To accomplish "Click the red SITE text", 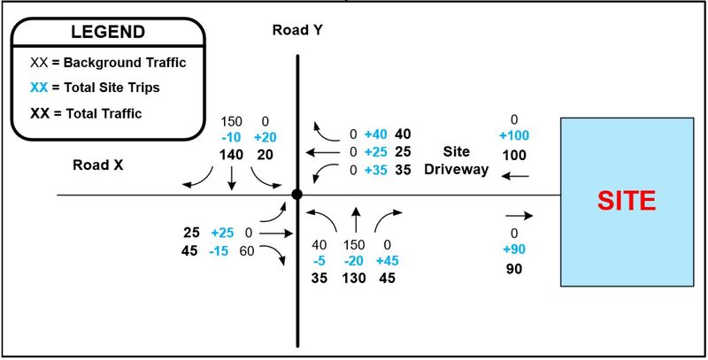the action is (x=627, y=201).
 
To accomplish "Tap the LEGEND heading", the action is (x=108, y=32).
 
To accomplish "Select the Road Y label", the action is (x=297, y=31).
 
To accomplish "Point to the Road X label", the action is (x=98, y=165).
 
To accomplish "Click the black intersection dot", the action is (x=296, y=195).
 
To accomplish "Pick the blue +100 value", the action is (x=514, y=136).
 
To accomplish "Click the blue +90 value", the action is (x=514, y=249).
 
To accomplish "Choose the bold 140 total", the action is (x=232, y=155).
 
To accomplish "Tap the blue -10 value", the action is (x=232, y=138).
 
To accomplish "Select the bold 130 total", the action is (x=353, y=278).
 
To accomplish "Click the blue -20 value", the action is (x=353, y=261).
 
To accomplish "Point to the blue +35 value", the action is (x=375, y=171).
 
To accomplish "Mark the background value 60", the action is (x=247, y=251).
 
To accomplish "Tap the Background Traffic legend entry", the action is (x=108, y=62).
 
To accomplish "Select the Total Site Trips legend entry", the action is (x=95, y=87).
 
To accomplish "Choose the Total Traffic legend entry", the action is (x=86, y=113).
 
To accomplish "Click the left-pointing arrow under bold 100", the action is (x=515, y=176).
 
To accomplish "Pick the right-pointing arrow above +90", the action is (x=519, y=216).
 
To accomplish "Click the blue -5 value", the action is (x=319, y=261).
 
